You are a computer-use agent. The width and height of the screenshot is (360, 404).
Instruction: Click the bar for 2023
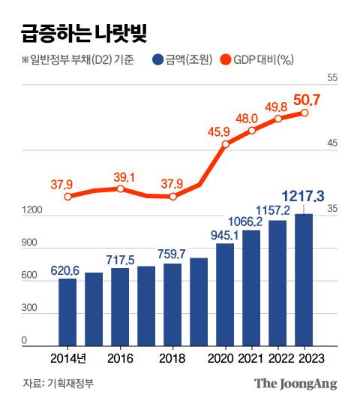tap(304, 279)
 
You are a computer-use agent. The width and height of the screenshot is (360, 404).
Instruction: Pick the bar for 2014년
tap(67, 312)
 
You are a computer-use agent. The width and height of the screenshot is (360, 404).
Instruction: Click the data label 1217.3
tap(303, 196)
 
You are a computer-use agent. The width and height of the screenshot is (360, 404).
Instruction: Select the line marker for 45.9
tap(225, 143)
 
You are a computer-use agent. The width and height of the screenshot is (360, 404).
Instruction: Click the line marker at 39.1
tap(120, 188)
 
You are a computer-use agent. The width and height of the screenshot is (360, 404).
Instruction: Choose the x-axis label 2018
tap(172, 359)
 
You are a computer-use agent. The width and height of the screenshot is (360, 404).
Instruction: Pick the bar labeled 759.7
tap(172, 304)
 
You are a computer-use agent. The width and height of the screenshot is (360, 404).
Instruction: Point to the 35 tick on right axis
tap(333, 211)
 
